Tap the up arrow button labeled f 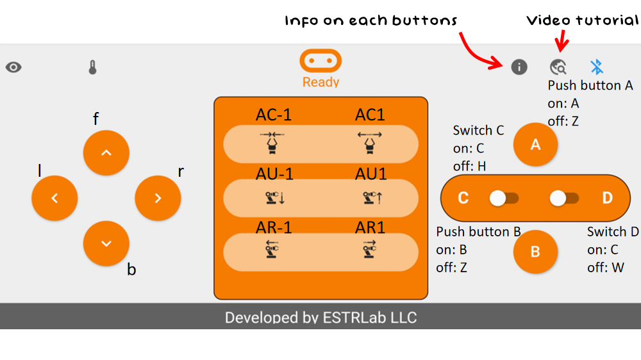pyautogui.click(x=106, y=152)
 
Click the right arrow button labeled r pyautogui.click(x=158, y=199)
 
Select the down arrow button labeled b pyautogui.click(x=106, y=243)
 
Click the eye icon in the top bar pyautogui.click(x=13, y=67)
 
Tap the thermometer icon pyautogui.click(x=93, y=67)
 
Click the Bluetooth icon pyautogui.click(x=597, y=67)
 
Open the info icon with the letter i pyautogui.click(x=519, y=67)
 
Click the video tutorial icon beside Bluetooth pyautogui.click(x=558, y=67)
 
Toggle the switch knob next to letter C pyautogui.click(x=499, y=199)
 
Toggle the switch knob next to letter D pyautogui.click(x=558, y=199)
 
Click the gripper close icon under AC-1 pyautogui.click(x=272, y=143)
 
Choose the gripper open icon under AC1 pyautogui.click(x=370, y=143)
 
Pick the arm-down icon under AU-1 pyautogui.click(x=272, y=198)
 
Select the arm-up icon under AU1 pyautogui.click(x=370, y=198)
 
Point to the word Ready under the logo pyautogui.click(x=321, y=82)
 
